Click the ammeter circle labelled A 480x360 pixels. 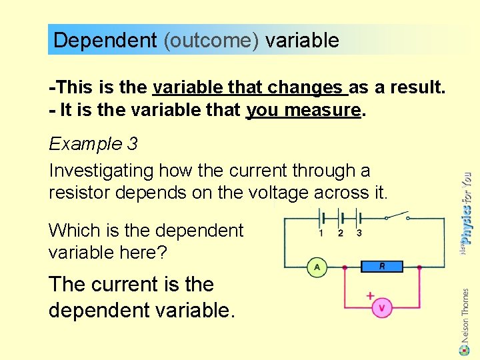pyautogui.click(x=316, y=267)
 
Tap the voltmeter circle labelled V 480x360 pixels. pyautogui.click(x=382, y=308)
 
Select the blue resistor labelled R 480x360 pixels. pyautogui.click(x=382, y=267)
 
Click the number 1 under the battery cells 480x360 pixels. pyautogui.click(x=321, y=233)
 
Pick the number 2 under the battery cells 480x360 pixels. pyautogui.click(x=340, y=233)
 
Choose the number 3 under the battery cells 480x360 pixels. pyautogui.click(x=359, y=233)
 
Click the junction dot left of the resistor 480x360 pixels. pyautogui.click(x=345, y=267)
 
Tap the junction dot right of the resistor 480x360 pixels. pyautogui.click(x=419, y=267)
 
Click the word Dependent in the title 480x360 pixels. pyautogui.click(x=105, y=41)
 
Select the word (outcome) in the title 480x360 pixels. pyautogui.click(x=211, y=41)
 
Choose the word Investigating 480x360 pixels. pyautogui.click(x=101, y=171)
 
